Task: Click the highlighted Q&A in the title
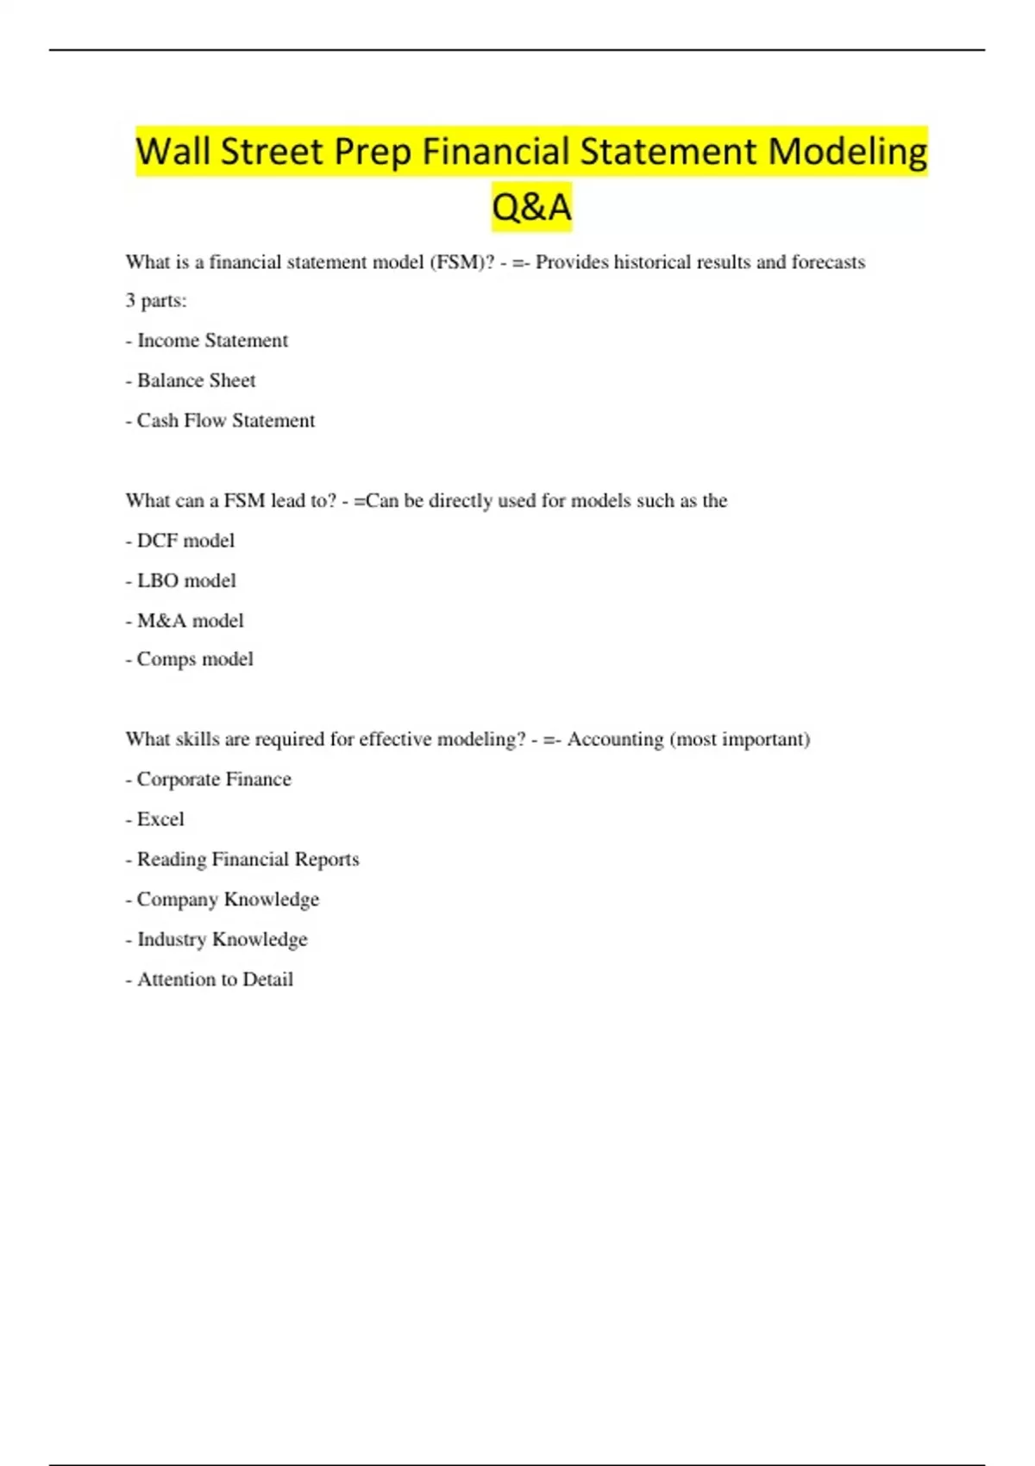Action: click(x=531, y=207)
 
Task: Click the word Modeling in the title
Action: click(x=847, y=152)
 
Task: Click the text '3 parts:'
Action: click(x=156, y=301)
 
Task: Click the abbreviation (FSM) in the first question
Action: click(x=461, y=262)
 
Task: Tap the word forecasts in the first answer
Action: click(x=828, y=262)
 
